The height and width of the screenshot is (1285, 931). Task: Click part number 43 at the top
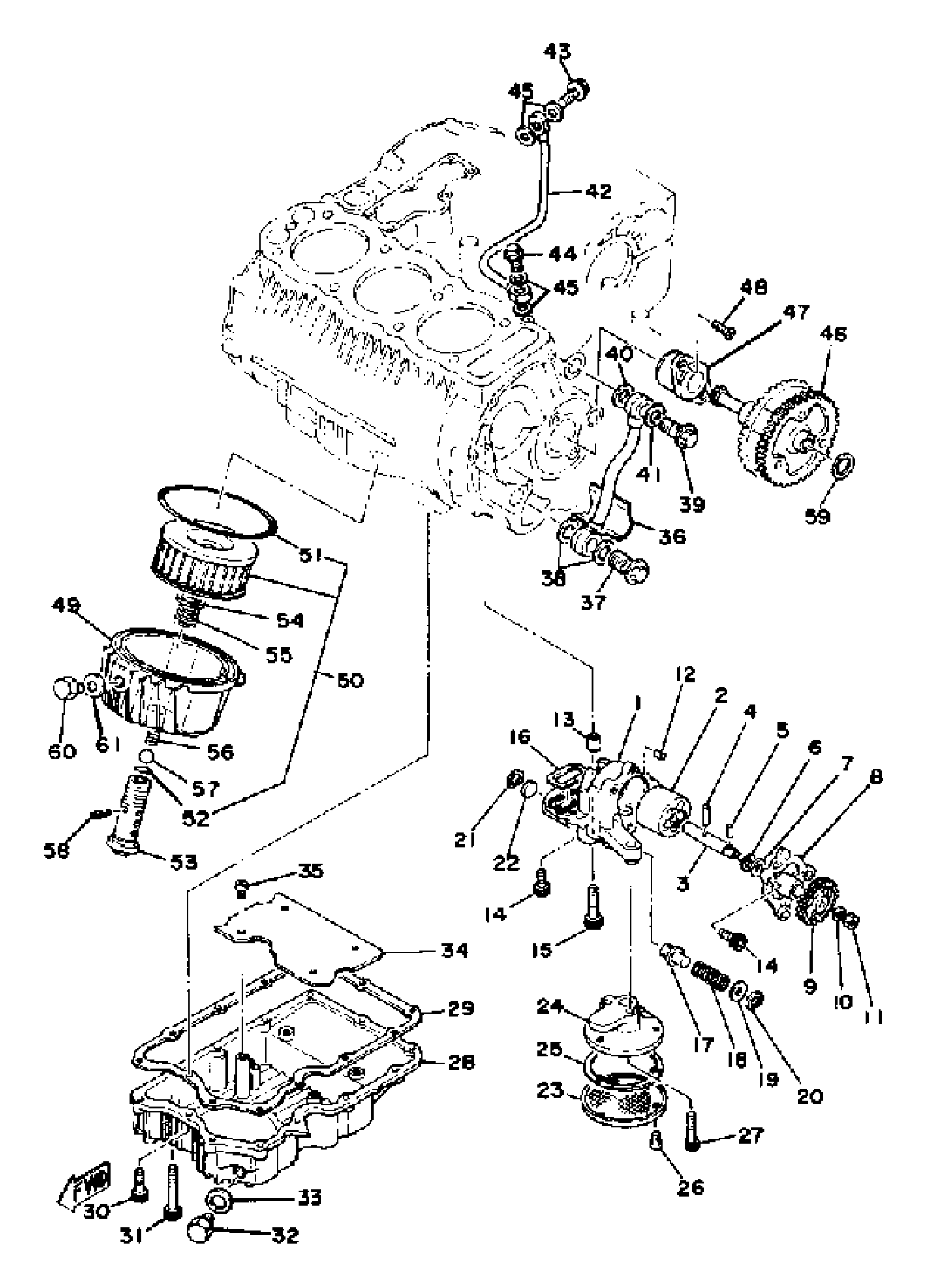pos(558,52)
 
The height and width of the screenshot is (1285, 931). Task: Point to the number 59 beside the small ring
pos(818,516)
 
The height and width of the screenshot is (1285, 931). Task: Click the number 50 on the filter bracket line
pos(349,680)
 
